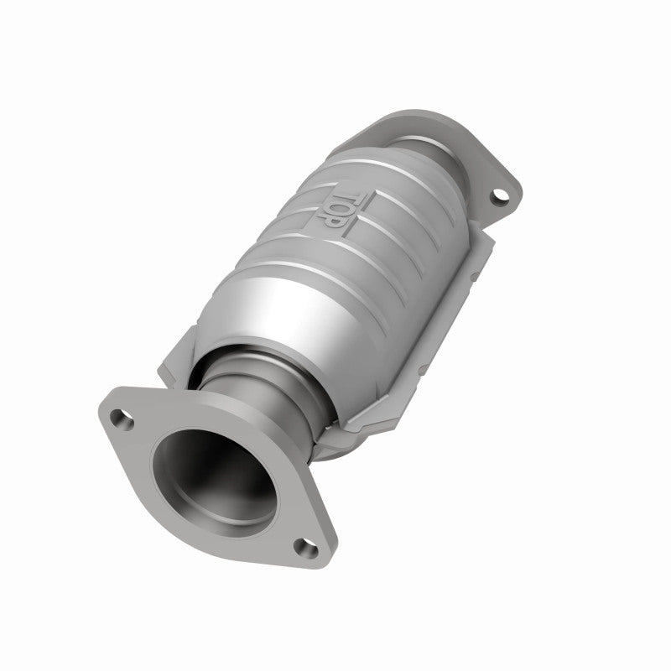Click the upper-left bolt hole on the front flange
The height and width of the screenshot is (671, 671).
(x=124, y=420)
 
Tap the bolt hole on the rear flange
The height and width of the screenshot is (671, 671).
(x=501, y=196)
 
